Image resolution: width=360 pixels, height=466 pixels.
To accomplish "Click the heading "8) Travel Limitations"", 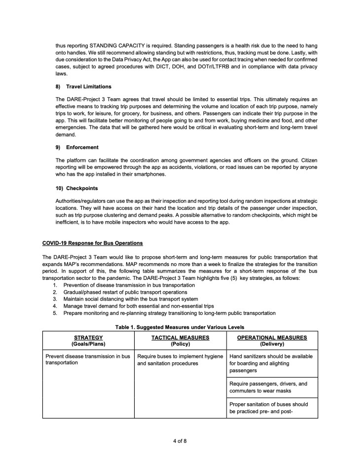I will pos(83,87).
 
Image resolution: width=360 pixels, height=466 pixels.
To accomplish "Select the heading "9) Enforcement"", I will pos(77,147).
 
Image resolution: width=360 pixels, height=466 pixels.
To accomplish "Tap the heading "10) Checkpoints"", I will pos(78,188).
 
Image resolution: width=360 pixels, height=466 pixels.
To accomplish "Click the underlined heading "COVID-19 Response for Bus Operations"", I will pos(93,243).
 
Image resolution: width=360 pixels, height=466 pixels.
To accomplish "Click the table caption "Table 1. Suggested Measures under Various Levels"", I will pos(180,327).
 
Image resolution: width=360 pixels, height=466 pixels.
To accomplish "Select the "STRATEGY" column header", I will pos(88,338).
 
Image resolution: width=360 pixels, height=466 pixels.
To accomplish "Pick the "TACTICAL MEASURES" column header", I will pos(180,338).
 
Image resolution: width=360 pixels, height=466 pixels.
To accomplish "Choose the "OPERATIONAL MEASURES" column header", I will pos(272,338).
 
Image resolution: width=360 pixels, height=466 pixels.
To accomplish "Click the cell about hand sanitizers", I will pos(272,363).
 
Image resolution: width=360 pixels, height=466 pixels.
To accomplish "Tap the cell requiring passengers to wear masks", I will pos(272,387).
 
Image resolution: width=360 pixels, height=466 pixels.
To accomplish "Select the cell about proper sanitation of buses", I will pos(272,407).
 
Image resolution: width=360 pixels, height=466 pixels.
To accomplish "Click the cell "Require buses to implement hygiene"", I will pos(180,359).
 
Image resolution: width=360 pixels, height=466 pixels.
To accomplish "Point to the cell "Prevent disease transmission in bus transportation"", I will pos(88,359).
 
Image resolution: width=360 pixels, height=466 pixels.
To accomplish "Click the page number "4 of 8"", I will pos(180,441).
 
